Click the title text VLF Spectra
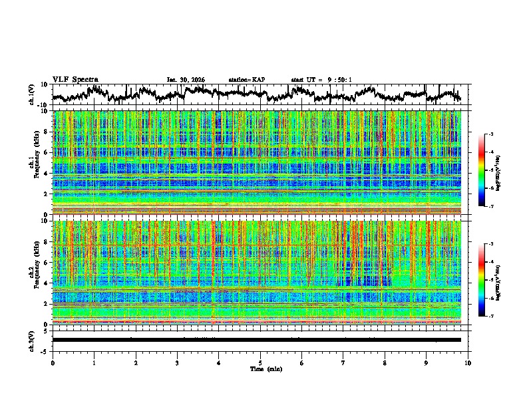(x=75, y=79)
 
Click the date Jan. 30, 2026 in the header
(x=186, y=80)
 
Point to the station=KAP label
(x=247, y=80)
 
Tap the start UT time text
(x=321, y=80)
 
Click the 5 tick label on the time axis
(x=260, y=362)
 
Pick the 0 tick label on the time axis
(x=53, y=362)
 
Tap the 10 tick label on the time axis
(x=468, y=362)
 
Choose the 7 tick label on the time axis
(x=343, y=362)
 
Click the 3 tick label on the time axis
(x=177, y=362)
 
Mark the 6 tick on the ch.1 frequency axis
(x=48, y=152)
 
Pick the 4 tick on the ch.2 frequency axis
(x=48, y=283)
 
